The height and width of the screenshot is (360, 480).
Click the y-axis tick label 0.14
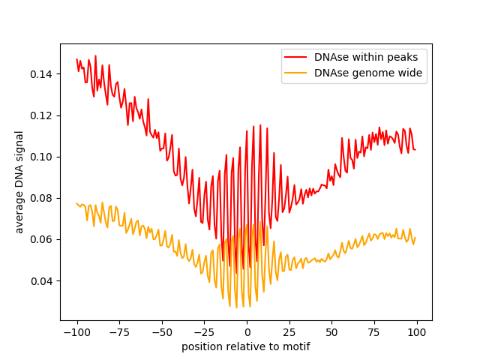[40, 74]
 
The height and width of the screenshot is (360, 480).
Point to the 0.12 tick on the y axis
[40, 115]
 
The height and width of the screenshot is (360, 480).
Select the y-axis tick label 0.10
[40, 157]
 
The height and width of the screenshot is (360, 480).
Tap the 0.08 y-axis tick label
[40, 198]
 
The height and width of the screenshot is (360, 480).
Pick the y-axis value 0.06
[40, 239]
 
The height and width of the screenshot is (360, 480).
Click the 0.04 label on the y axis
[40, 281]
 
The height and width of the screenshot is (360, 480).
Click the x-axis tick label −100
[77, 332]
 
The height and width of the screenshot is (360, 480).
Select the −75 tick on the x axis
[120, 332]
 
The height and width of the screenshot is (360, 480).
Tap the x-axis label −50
[162, 332]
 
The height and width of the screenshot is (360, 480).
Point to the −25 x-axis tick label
[205, 332]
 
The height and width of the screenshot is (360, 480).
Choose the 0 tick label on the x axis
[247, 332]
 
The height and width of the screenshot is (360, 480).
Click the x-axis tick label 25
[289, 332]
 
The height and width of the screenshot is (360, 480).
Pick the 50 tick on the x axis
[332, 332]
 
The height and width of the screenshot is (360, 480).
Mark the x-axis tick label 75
[375, 332]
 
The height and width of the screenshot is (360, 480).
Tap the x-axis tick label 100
[417, 332]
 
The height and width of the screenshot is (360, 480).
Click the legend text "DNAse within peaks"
[366, 57]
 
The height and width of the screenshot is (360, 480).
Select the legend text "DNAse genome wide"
[368, 73]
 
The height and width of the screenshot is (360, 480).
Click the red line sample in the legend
[295, 57]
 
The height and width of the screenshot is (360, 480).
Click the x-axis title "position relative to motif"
[246, 346]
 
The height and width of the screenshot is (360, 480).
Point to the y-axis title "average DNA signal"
[19, 182]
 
